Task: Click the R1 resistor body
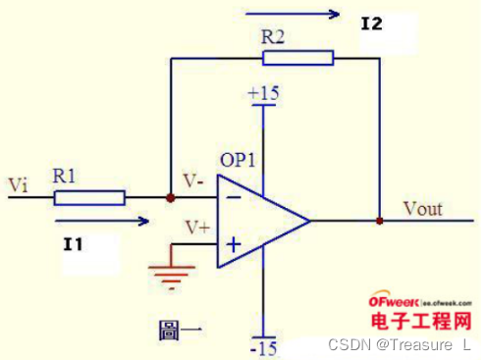click(89, 198)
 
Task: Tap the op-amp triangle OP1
click(260, 221)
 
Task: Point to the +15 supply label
click(263, 94)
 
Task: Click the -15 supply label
click(263, 347)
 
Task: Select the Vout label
click(423, 208)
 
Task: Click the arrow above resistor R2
click(293, 14)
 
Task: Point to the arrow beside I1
click(98, 221)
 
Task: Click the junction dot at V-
click(171, 198)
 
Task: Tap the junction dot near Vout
click(379, 221)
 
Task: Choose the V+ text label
click(197, 227)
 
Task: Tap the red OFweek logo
click(395, 305)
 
